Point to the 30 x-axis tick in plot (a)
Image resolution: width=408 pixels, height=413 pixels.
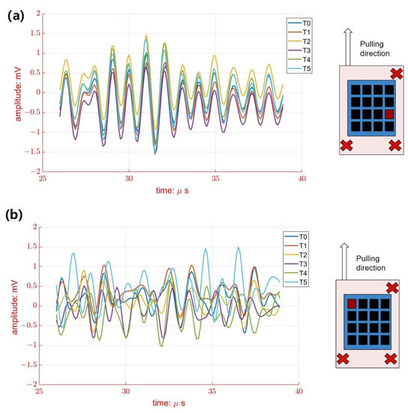point(128,179)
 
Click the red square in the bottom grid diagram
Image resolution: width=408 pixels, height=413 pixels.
point(351,303)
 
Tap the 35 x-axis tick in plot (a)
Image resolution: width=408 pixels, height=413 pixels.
point(214,179)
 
